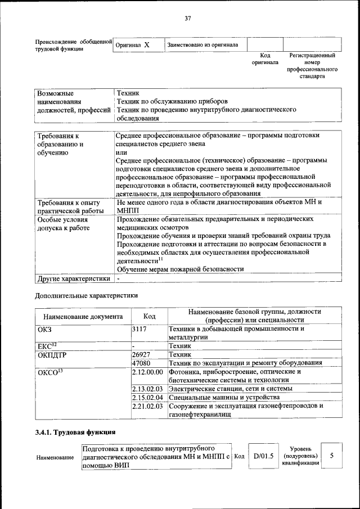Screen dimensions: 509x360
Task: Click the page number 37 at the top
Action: point(188,19)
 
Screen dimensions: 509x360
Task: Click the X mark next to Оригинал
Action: point(146,44)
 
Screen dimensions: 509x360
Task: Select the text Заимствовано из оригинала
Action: point(202,44)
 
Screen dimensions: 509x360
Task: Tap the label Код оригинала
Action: point(265,59)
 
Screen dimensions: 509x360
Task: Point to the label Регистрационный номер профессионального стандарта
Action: point(312,66)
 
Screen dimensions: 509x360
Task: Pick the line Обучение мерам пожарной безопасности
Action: point(180,269)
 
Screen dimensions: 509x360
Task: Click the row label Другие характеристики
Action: point(73,278)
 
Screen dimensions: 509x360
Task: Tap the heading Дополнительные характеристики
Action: point(86,294)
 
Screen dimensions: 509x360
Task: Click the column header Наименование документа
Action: point(83,317)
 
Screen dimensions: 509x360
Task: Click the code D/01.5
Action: point(263,456)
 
